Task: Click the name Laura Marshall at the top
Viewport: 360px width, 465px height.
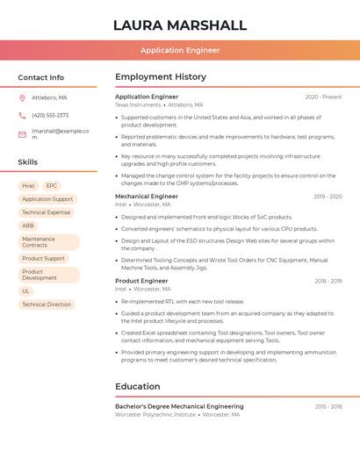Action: point(180,25)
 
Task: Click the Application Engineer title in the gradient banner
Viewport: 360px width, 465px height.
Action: point(180,51)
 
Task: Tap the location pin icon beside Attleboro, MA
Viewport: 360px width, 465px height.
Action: point(22,97)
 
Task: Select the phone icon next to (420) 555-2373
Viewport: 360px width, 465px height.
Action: point(22,116)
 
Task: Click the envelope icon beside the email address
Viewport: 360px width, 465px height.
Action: point(22,134)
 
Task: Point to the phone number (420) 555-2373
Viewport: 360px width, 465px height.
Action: point(50,116)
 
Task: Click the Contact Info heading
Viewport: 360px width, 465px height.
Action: point(41,77)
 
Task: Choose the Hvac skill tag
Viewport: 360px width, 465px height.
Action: point(28,186)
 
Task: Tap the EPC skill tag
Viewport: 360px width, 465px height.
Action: point(52,186)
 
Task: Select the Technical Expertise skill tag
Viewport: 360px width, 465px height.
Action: point(46,212)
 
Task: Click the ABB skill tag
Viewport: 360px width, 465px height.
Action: point(28,225)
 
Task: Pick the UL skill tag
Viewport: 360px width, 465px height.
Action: point(26,291)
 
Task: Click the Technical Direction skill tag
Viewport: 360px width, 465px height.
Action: point(46,304)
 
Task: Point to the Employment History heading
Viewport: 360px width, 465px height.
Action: point(161,77)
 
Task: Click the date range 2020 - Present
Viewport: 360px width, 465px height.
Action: point(323,97)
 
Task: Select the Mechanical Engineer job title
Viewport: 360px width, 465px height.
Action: point(147,197)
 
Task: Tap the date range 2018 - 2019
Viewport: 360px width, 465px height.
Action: point(328,282)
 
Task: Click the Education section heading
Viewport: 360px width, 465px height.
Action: point(138,387)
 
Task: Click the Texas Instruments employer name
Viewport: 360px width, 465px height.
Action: point(138,104)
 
